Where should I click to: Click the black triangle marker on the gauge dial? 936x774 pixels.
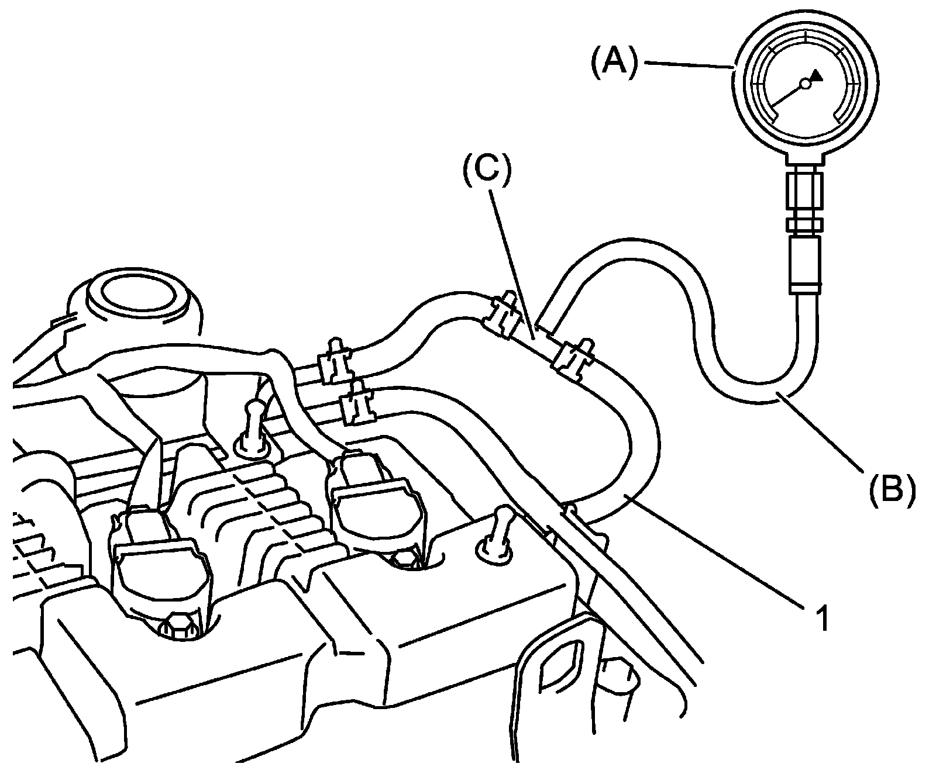point(817,74)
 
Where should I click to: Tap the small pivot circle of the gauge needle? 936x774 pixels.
point(805,84)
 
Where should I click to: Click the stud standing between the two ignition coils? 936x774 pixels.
point(253,430)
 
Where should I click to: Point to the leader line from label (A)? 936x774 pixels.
point(687,65)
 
